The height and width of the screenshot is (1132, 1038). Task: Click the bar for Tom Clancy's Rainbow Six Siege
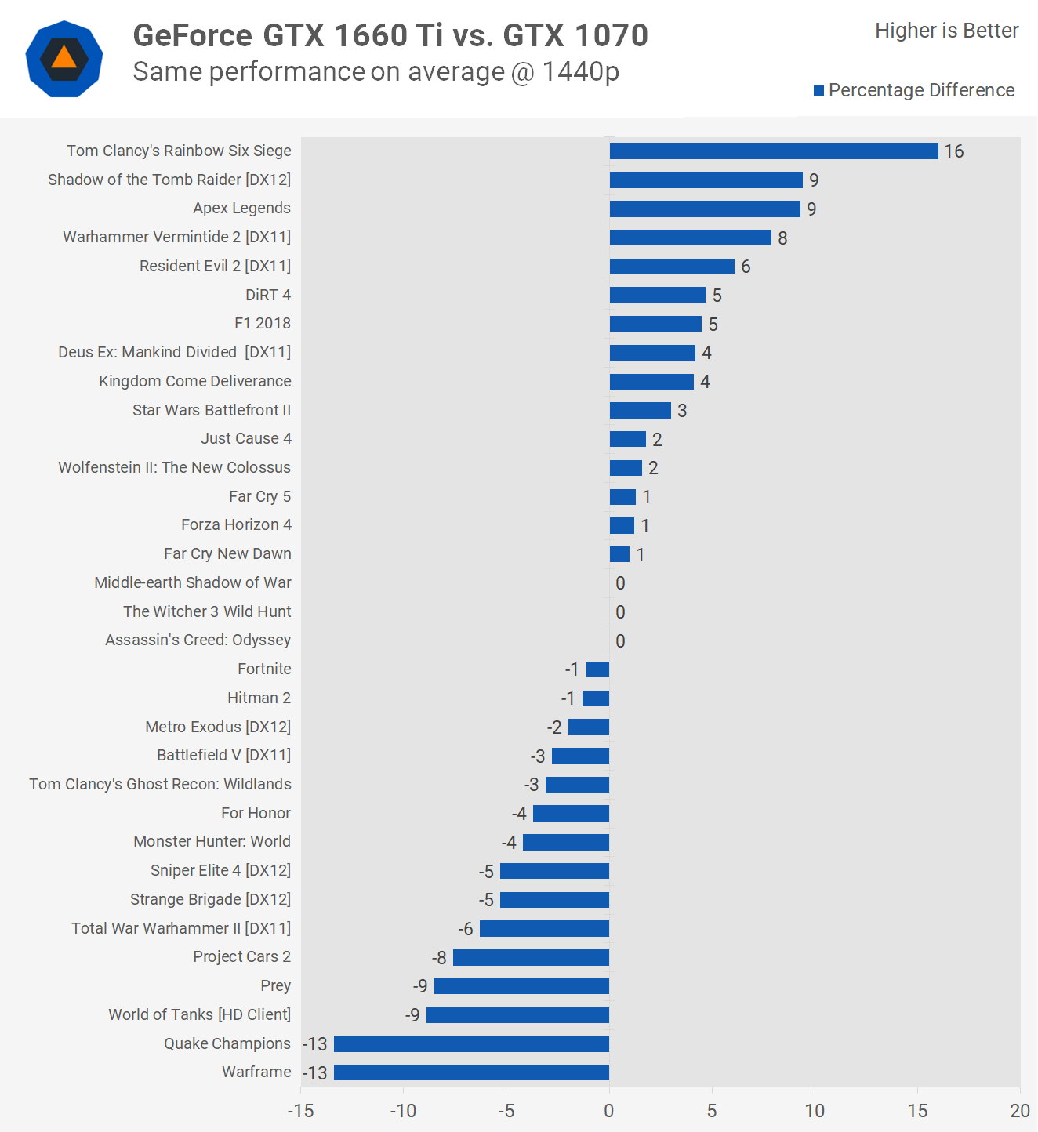click(774, 151)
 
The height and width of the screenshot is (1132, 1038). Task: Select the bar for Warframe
click(471, 1072)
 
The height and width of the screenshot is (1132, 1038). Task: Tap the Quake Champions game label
click(227, 1043)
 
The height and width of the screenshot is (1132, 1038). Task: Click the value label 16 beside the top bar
click(954, 151)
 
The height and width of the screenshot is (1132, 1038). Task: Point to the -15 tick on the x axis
click(301, 1111)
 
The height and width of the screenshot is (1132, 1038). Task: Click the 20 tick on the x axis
click(1020, 1111)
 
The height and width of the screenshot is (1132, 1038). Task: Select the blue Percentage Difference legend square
click(819, 91)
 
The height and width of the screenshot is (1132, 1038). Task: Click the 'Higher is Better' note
click(946, 31)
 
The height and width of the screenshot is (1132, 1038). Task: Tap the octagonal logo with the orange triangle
click(64, 60)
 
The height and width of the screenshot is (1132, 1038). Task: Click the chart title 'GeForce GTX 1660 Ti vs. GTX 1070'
click(390, 35)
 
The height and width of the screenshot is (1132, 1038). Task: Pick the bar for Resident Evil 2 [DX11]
click(672, 267)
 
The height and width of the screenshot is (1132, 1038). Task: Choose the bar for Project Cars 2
click(531, 957)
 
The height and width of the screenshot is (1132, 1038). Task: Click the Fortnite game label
click(264, 669)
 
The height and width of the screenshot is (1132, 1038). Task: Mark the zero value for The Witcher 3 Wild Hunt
click(620, 612)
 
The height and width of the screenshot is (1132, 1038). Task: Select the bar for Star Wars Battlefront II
click(640, 411)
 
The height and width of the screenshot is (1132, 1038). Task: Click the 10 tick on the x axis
click(815, 1111)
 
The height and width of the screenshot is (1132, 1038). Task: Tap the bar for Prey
click(521, 986)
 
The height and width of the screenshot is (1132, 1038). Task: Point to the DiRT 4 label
click(268, 295)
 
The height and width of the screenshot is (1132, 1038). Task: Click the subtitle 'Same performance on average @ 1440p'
click(376, 72)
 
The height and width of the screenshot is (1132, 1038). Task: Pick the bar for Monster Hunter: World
click(566, 843)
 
